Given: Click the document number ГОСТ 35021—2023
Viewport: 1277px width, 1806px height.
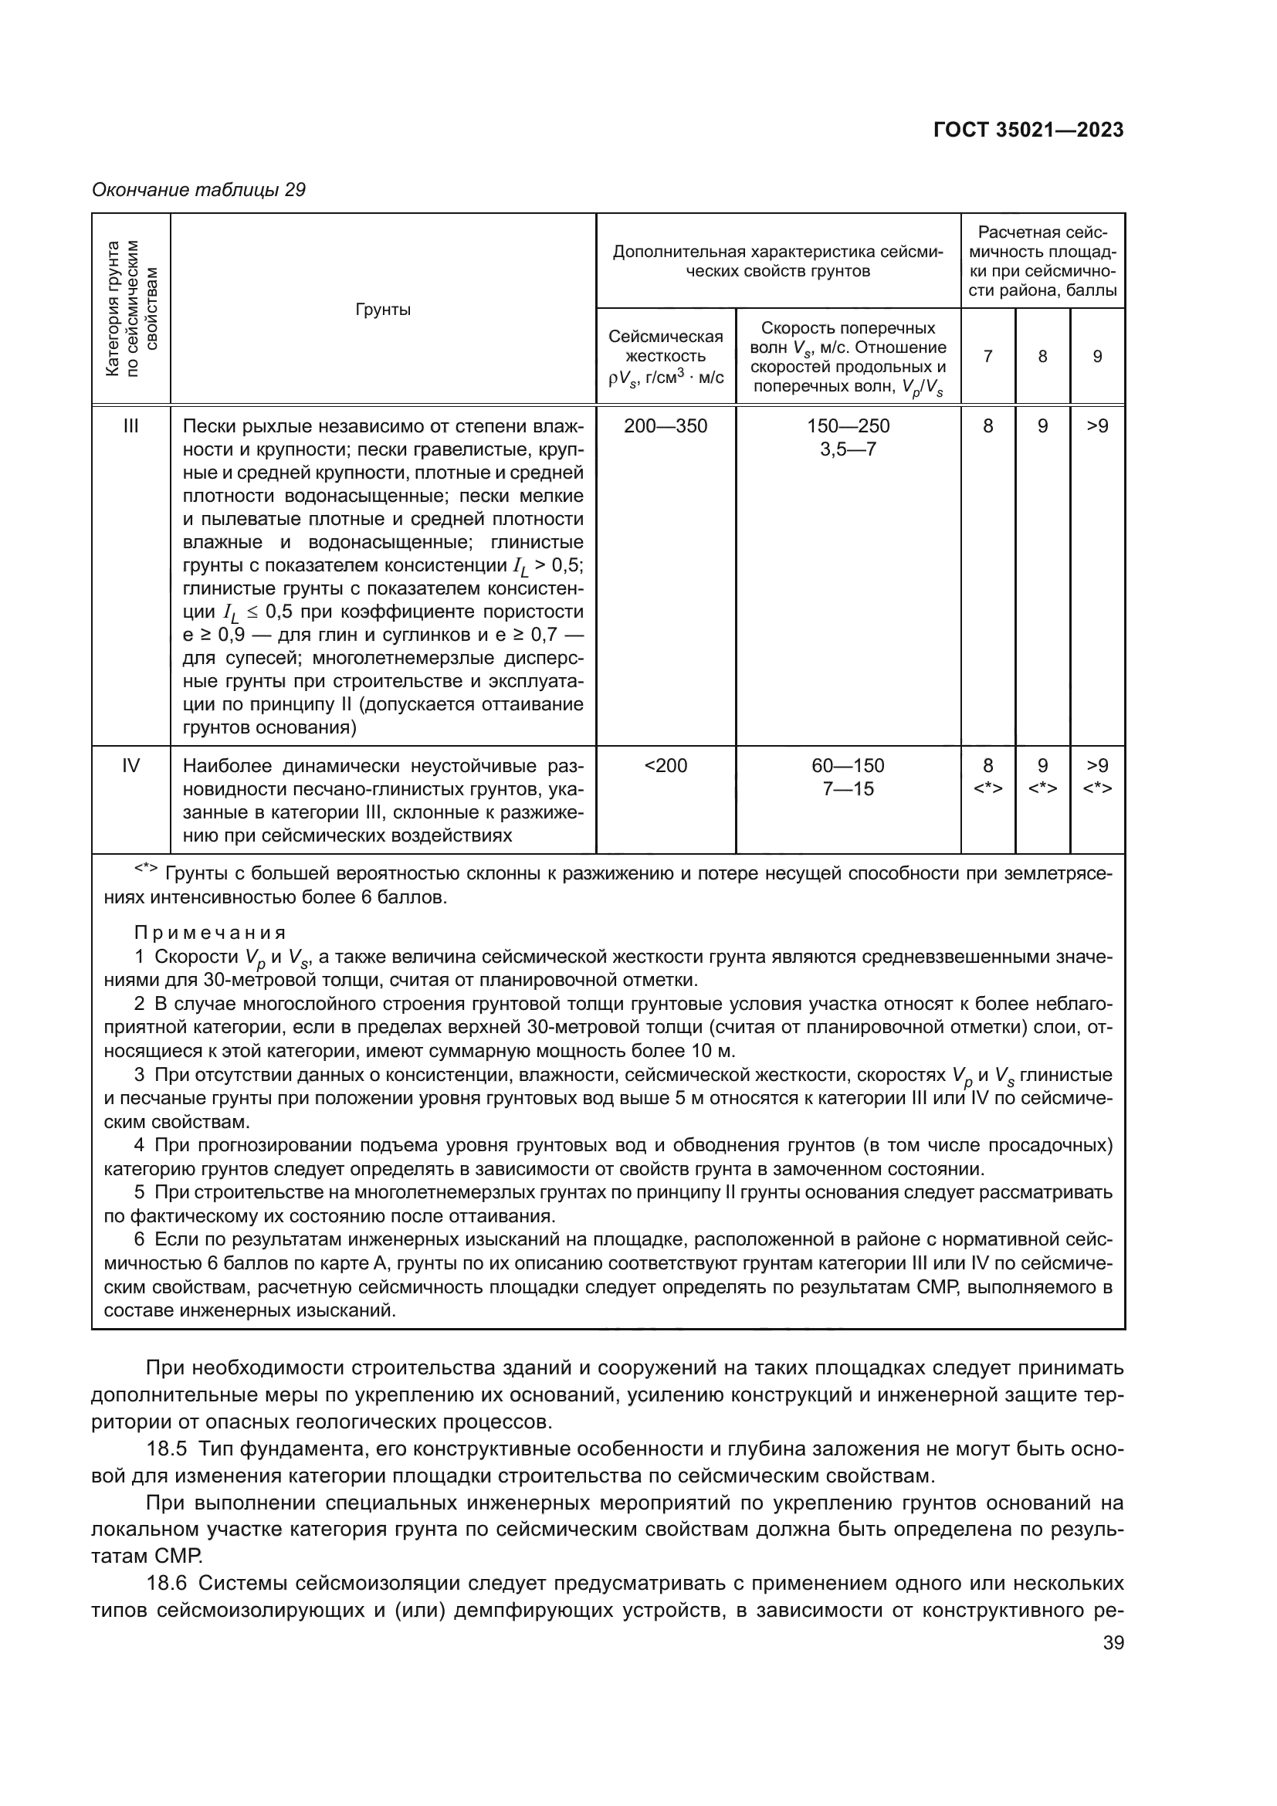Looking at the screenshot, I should coord(1028,130).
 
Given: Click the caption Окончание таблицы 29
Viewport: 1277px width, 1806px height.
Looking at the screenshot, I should coord(198,190).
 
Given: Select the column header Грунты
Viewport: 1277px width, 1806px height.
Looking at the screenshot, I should coord(383,309).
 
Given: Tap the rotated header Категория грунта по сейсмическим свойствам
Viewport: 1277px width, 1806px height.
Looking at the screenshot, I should coord(130,309).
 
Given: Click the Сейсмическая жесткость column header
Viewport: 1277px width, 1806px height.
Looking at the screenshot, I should coord(666,356).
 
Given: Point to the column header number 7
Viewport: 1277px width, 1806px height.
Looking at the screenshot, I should coord(987,356).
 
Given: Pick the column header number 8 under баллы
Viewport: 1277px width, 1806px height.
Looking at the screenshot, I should coord(1042,356).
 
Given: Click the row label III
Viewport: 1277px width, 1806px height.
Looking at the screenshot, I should coord(130,426).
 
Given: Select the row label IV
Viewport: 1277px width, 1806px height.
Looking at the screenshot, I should coord(130,765).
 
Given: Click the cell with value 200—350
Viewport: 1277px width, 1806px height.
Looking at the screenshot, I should coord(666,426).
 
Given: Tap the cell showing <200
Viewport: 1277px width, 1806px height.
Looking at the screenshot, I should coord(666,765).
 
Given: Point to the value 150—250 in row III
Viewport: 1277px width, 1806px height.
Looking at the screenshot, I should coord(848,426).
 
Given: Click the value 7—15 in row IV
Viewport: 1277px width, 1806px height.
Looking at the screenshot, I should coord(848,788).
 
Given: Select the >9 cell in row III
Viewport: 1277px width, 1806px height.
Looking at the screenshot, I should coord(1097,426).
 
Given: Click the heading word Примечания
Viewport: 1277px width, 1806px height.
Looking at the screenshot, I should coord(209,933).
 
